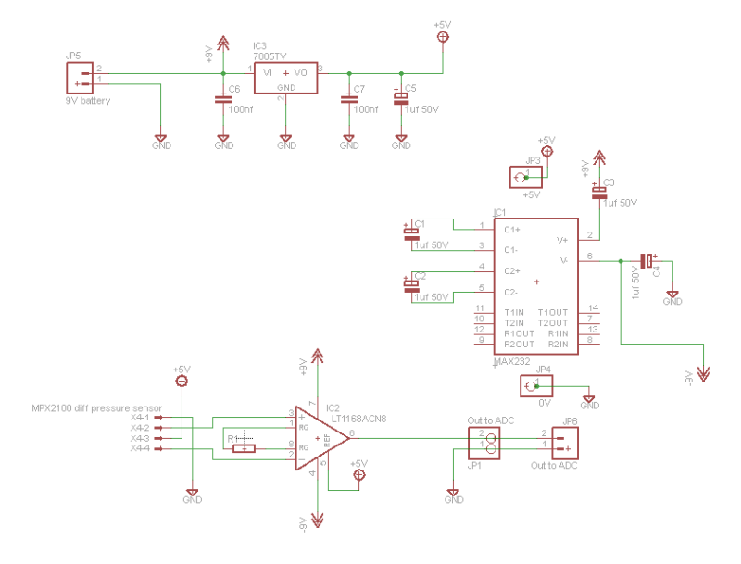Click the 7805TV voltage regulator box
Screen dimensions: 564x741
click(x=286, y=80)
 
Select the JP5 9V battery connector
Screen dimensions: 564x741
click(x=81, y=79)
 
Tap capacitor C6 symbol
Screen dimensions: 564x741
click(x=223, y=99)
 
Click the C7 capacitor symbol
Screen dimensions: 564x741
click(x=349, y=99)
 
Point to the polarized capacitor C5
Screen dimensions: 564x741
click(x=401, y=98)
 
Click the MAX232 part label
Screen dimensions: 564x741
click(x=513, y=361)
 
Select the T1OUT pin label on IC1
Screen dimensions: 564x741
click(x=553, y=312)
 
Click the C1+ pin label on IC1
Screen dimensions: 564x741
click(x=511, y=229)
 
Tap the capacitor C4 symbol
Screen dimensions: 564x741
click(x=647, y=262)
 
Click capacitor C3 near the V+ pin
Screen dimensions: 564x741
click(x=599, y=190)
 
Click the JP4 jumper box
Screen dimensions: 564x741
click(x=536, y=386)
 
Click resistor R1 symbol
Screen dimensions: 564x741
click(x=244, y=449)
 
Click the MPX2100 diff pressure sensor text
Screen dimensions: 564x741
click(x=97, y=407)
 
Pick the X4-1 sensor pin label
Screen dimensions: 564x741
click(x=140, y=418)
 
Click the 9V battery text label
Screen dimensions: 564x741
click(x=87, y=100)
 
